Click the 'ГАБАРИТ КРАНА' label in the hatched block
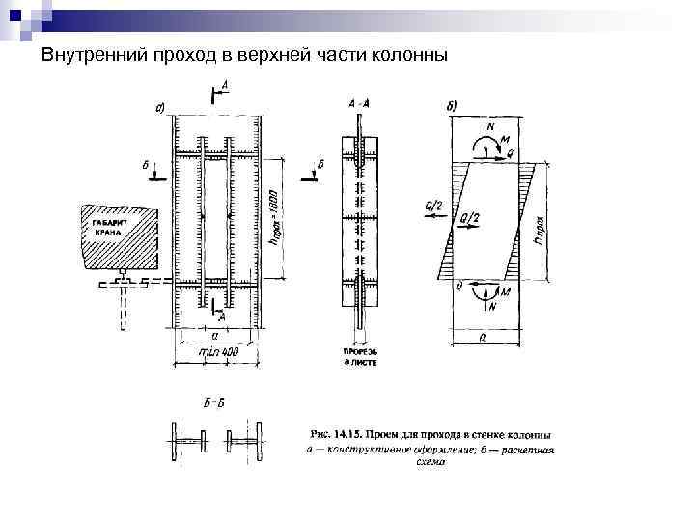(111, 229)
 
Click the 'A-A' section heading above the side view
(358, 101)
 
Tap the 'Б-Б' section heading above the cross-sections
(211, 401)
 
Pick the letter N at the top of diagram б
(490, 125)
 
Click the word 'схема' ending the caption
(431, 462)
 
